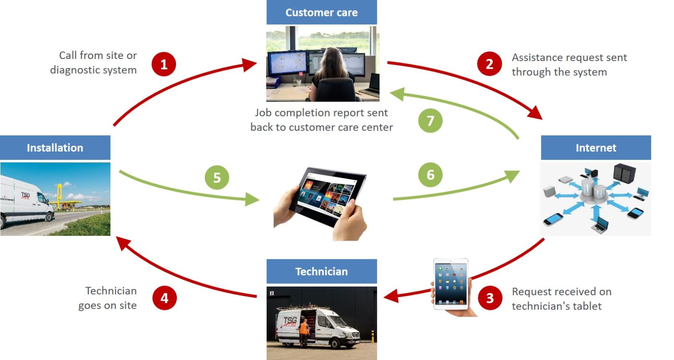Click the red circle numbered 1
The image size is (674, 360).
click(x=164, y=64)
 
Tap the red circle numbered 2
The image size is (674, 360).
click(x=489, y=64)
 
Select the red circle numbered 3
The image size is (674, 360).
click(x=490, y=298)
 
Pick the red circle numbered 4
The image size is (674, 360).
click(x=164, y=298)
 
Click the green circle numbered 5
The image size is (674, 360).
click(x=217, y=178)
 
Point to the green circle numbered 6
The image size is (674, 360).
click(x=430, y=175)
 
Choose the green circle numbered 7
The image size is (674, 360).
click(x=430, y=121)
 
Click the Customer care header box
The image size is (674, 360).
click(x=321, y=13)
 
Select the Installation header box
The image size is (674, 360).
click(x=55, y=148)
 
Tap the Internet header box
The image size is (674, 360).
click(x=596, y=148)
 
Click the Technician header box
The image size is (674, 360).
click(x=321, y=272)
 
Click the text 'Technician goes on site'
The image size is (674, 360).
click(x=108, y=298)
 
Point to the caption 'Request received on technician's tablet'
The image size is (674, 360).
click(x=561, y=299)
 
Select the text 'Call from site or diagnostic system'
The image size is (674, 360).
click(x=94, y=63)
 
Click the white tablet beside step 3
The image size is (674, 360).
click(x=451, y=284)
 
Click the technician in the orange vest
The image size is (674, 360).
click(x=304, y=331)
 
